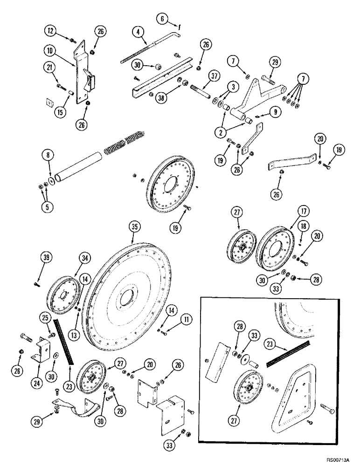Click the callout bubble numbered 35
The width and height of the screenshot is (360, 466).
coord(135,227)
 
